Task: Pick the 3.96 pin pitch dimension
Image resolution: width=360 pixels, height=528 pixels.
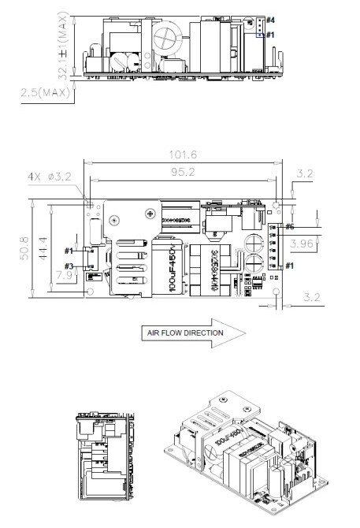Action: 301,245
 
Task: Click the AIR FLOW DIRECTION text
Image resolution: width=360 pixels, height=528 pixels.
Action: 184,333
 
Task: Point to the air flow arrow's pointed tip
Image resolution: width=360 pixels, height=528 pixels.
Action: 246,333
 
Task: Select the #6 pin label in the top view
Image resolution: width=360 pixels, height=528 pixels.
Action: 290,227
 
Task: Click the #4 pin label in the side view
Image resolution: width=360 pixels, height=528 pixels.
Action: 270,18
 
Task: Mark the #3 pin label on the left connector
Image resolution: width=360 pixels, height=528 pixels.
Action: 69,266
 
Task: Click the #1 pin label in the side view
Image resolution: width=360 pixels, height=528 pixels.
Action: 270,35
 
